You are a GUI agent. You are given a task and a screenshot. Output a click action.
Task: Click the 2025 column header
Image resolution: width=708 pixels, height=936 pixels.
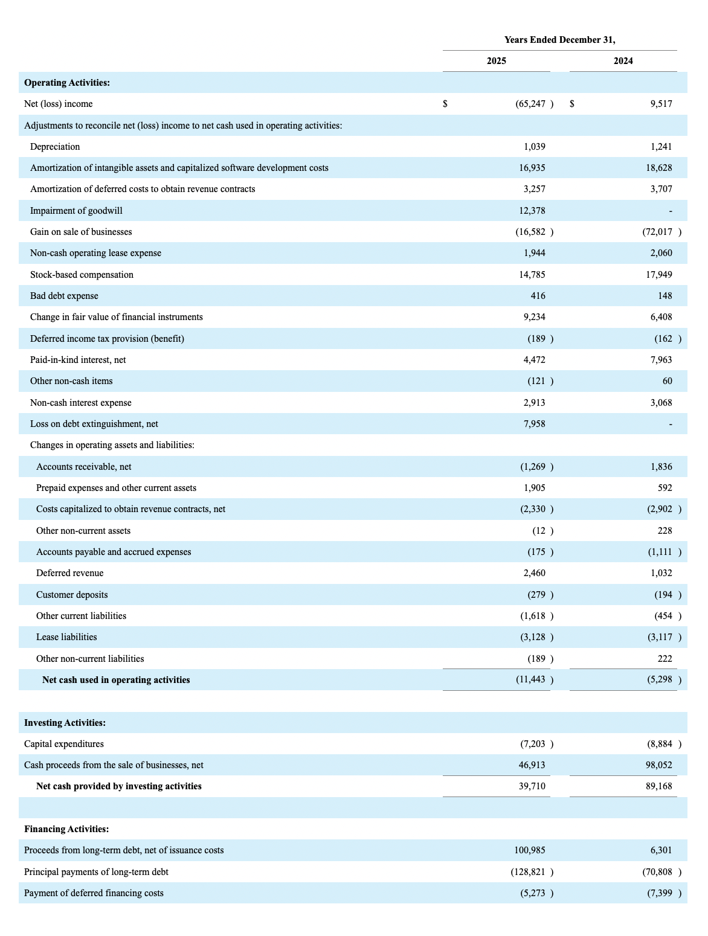496,61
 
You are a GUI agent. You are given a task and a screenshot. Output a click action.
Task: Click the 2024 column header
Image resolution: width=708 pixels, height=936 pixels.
623,61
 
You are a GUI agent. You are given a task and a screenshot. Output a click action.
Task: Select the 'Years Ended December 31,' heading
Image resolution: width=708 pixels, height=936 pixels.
559,40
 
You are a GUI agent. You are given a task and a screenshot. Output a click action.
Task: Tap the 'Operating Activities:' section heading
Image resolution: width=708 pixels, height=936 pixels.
67,83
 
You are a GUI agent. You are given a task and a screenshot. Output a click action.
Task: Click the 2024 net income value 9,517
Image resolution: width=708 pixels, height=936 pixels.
661,104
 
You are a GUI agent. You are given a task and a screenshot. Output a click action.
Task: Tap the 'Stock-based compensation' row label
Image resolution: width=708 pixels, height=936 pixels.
82,275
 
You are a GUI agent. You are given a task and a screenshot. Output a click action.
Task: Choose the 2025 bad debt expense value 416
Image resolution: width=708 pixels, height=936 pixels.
538,296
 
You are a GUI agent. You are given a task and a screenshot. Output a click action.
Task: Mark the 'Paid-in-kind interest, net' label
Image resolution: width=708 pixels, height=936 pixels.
78,360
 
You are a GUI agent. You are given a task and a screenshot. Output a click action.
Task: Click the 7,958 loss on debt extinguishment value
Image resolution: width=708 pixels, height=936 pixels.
534,424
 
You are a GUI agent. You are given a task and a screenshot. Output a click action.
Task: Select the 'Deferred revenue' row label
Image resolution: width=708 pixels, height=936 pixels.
69,573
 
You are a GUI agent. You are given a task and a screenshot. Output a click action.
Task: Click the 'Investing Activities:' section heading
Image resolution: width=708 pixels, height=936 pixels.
65,723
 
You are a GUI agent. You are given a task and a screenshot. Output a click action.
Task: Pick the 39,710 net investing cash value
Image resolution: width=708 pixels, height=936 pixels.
532,786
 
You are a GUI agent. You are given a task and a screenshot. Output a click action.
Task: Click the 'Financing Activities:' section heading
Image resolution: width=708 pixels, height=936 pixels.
66,829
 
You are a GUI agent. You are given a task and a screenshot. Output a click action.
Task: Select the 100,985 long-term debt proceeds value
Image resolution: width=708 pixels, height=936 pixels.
529,850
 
